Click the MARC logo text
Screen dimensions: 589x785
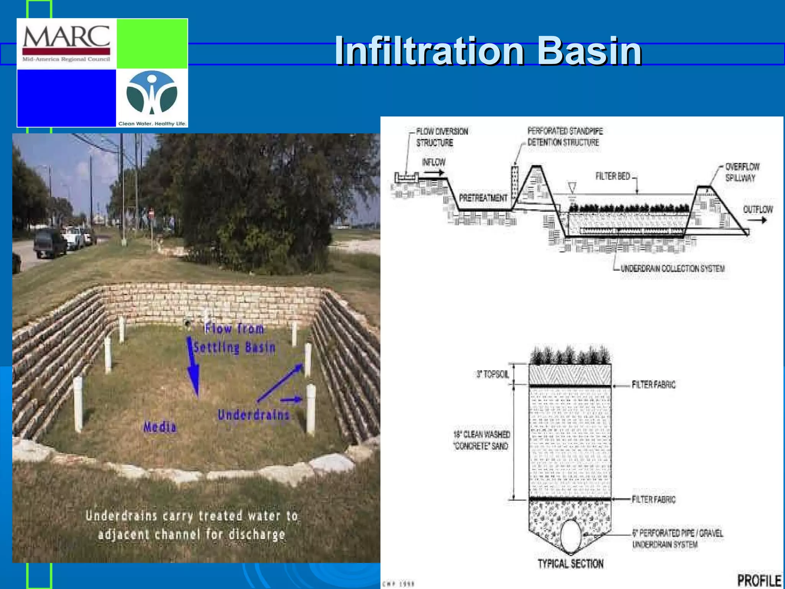(x=66, y=37)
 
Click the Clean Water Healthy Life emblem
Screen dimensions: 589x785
(x=152, y=94)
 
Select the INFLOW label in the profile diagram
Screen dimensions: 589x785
(x=434, y=162)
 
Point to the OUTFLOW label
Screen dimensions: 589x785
(x=758, y=209)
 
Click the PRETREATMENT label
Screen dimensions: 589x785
(x=483, y=198)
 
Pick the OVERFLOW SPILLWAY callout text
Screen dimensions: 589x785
(x=742, y=172)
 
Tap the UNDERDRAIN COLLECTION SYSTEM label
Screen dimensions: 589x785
(x=672, y=268)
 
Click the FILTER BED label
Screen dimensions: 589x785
(x=613, y=176)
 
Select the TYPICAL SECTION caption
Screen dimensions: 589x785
(x=570, y=564)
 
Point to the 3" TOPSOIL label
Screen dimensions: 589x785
(x=493, y=374)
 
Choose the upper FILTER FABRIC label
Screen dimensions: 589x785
(x=654, y=385)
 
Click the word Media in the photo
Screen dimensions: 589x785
(x=160, y=427)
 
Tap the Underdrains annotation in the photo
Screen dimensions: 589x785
(x=253, y=415)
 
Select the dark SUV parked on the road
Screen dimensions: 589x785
(x=50, y=243)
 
